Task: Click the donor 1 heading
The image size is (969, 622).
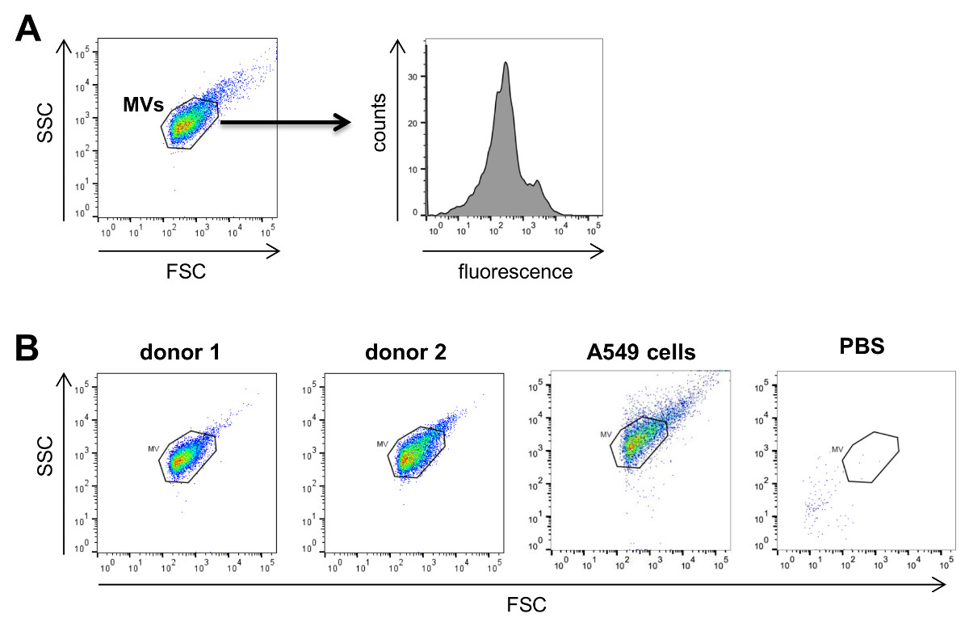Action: point(182,353)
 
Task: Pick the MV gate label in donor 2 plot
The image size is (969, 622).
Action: point(383,444)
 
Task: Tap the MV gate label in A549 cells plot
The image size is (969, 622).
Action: point(606,435)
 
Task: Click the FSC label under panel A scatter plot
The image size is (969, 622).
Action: point(189,271)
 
